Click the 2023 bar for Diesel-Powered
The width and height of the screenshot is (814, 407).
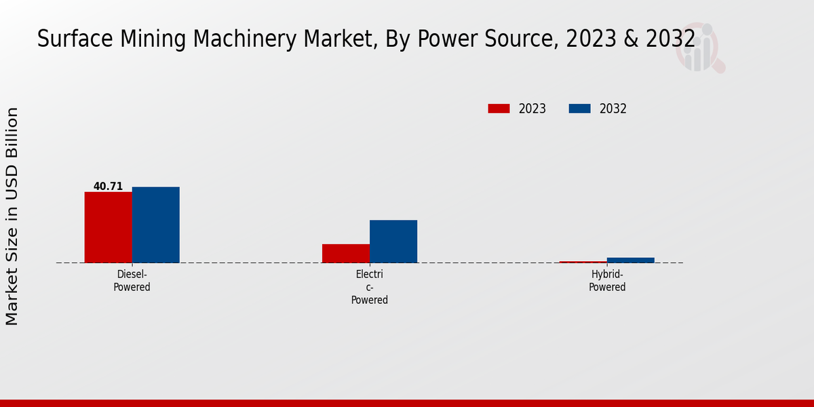point(108,227)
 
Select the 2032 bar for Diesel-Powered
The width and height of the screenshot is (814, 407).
point(155,225)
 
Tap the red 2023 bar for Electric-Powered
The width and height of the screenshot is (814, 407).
point(346,253)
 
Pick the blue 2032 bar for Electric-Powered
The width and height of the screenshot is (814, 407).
point(393,241)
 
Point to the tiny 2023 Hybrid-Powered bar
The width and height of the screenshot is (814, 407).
point(583,262)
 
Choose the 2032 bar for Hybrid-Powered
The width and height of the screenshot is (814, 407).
point(631,260)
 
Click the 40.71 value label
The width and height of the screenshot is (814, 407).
point(108,187)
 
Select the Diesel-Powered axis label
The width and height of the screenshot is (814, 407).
point(132,281)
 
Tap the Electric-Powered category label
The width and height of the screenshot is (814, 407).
point(370,287)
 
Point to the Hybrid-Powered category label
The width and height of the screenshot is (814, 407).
point(607,281)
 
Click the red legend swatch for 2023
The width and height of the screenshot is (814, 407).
point(499,109)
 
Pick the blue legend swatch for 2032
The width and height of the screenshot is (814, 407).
point(579,109)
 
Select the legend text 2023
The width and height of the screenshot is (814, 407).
point(532,109)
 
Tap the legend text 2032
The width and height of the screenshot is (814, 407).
point(613,109)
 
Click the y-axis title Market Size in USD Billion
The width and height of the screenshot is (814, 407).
point(12,216)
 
